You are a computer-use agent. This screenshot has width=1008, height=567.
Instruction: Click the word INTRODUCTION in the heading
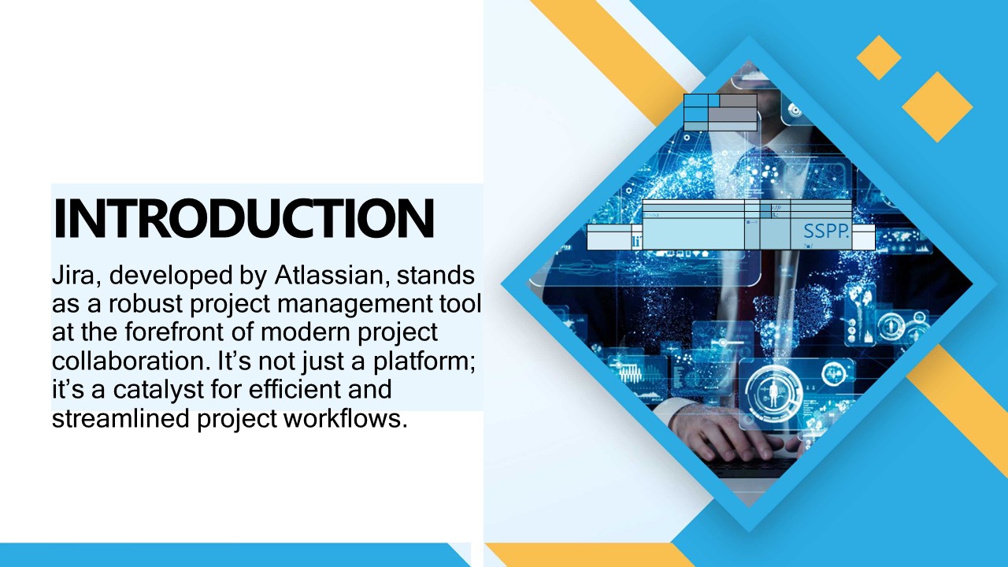click(243, 219)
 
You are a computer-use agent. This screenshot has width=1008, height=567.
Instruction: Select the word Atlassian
click(332, 276)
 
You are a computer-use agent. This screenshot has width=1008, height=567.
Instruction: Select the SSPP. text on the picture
click(825, 232)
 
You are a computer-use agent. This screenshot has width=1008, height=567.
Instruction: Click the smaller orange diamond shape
click(879, 57)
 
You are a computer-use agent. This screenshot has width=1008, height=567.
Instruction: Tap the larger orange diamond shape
click(937, 107)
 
